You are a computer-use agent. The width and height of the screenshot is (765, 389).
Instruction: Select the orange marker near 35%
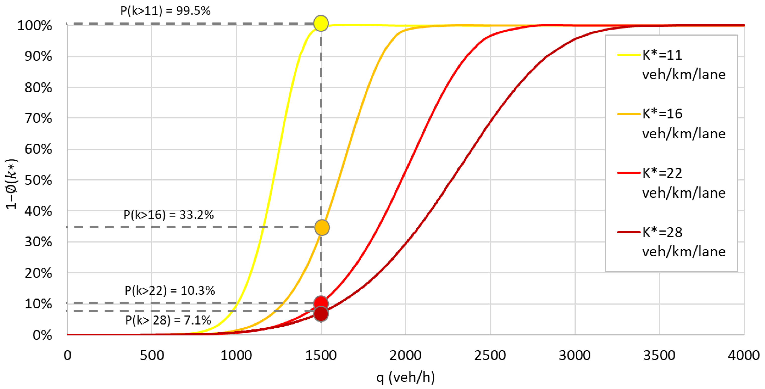tap(322, 228)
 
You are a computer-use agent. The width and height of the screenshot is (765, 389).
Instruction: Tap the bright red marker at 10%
tap(321, 303)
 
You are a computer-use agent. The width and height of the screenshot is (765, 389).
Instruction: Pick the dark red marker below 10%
tap(321, 314)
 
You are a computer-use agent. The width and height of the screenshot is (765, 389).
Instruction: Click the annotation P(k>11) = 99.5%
tap(165, 11)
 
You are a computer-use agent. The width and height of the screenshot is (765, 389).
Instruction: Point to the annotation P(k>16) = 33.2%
tap(168, 215)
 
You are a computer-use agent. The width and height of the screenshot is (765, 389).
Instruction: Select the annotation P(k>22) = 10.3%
tap(169, 290)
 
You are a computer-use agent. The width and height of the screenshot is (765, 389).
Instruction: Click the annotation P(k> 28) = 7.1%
tap(168, 320)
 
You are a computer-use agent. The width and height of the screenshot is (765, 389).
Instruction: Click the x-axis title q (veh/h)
tap(405, 377)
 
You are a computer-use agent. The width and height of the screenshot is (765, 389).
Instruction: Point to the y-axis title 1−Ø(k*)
tap(12, 184)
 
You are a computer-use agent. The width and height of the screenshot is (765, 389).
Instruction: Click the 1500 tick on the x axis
tap(321, 355)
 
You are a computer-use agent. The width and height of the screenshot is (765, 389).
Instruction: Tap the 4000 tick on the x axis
tap(743, 355)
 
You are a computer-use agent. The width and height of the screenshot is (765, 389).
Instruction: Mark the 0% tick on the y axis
tap(42, 335)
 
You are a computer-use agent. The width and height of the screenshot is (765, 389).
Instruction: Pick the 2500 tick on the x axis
tap(490, 355)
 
